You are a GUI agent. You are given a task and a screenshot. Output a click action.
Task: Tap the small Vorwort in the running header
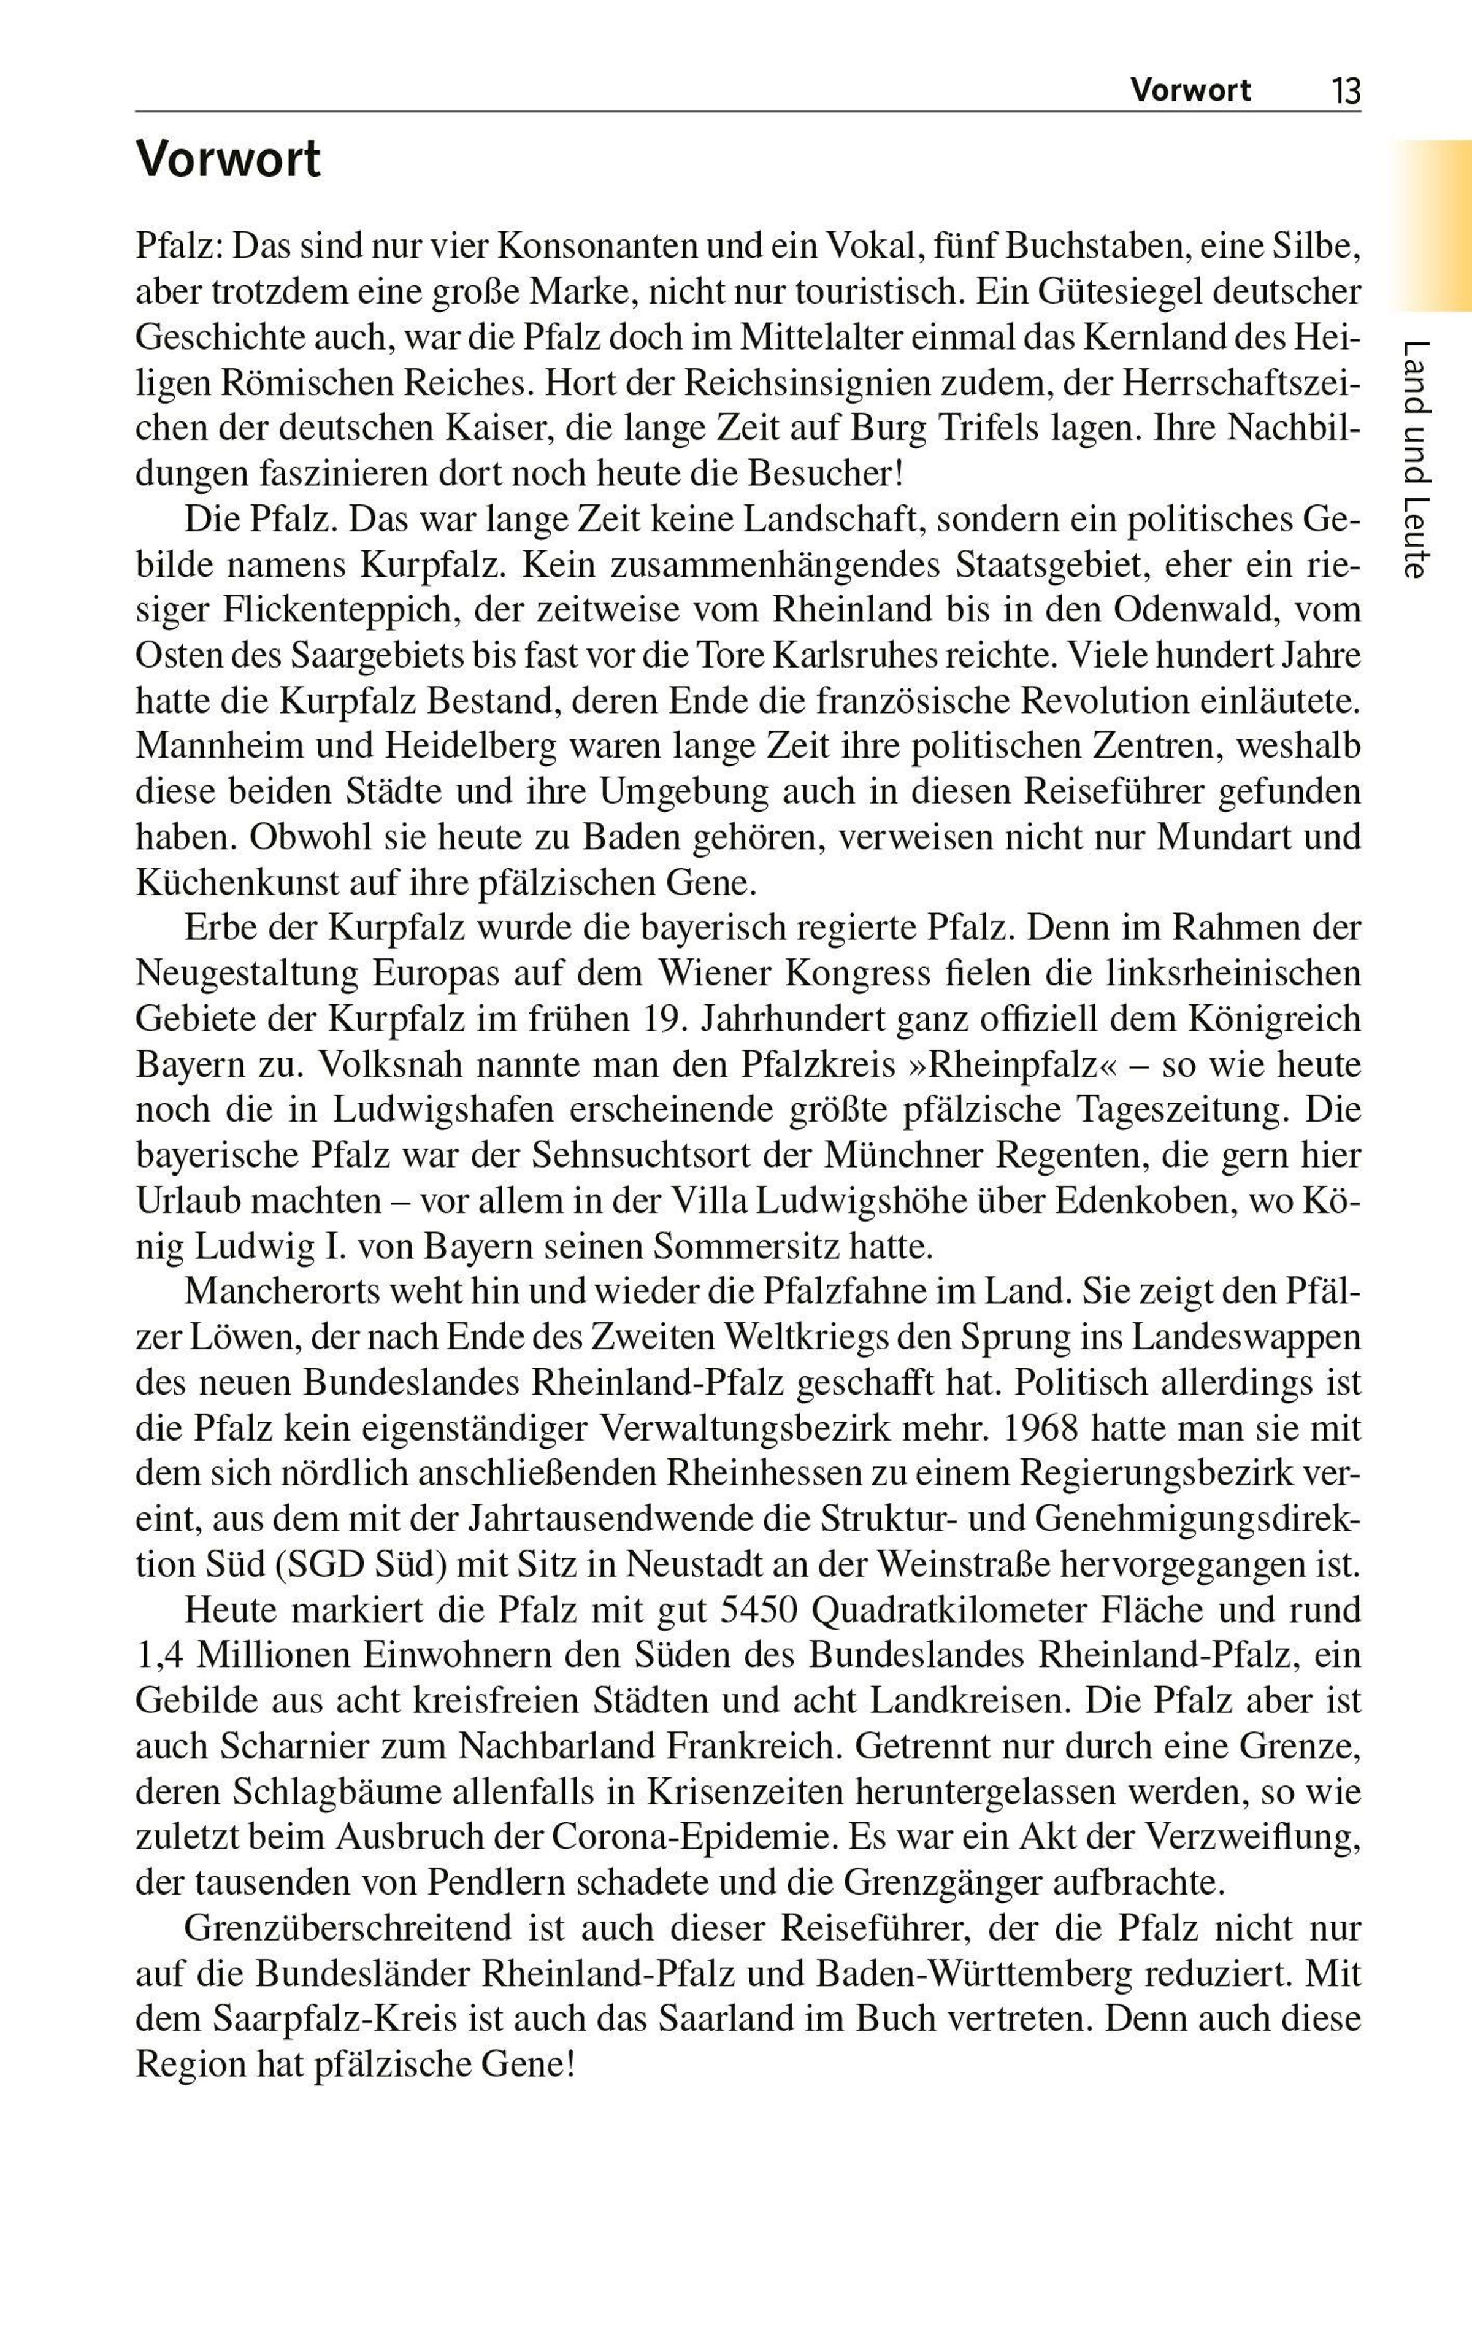click(1190, 91)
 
